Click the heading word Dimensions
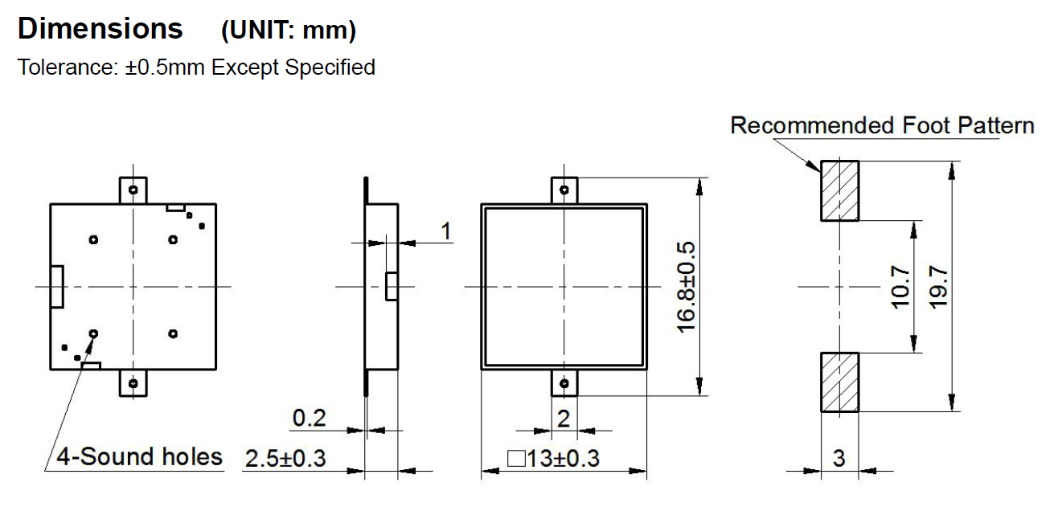coord(100,30)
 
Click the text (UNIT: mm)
coord(289,31)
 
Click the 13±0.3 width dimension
coord(554,459)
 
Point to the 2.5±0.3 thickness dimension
coord(285,459)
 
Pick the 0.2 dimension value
coord(309,418)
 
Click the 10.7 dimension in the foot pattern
coord(900,287)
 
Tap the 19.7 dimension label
coord(938,287)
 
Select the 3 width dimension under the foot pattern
coord(839,459)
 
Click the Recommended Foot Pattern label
coord(882,126)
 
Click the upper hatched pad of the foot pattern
coord(839,190)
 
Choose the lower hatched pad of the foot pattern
coord(839,382)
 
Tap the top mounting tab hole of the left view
coord(133,190)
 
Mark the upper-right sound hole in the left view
coord(173,239)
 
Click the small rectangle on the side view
coord(391,287)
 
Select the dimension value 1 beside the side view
coord(446,231)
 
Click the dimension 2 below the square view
coord(564,418)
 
